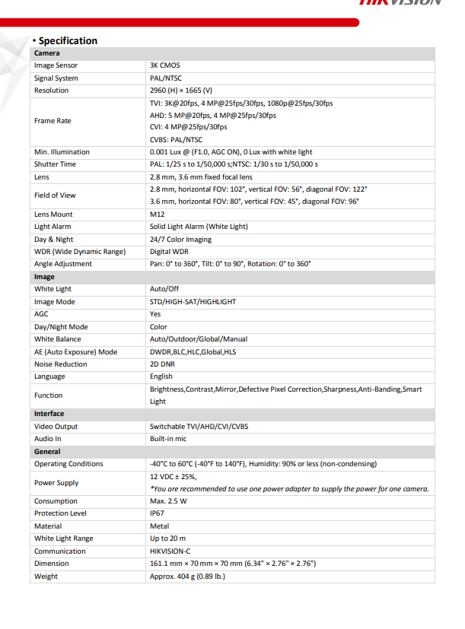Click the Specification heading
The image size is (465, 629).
pyautogui.click(x=67, y=40)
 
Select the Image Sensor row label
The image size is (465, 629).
pyautogui.click(x=56, y=65)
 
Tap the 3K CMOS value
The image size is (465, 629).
pyautogui.click(x=165, y=65)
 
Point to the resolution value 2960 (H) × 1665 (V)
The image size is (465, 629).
pyautogui.click(x=181, y=91)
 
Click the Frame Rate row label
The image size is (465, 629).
pyautogui.click(x=53, y=121)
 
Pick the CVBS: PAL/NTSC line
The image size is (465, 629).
pyautogui.click(x=176, y=139)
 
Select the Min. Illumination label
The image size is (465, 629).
pyautogui.click(x=62, y=152)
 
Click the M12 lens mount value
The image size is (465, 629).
pyautogui.click(x=157, y=214)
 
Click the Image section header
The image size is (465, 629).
pyautogui.click(x=44, y=277)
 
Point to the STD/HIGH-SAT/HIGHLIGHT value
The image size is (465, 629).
pyautogui.click(x=193, y=302)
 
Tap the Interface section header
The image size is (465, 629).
pyautogui.click(x=49, y=414)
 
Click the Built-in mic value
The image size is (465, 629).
pyautogui.click(x=169, y=439)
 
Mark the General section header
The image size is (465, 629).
pyautogui.click(x=47, y=451)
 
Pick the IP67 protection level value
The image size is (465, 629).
pyautogui.click(x=157, y=513)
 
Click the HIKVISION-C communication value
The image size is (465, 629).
pyautogui.click(x=171, y=551)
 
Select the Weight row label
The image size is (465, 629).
pyautogui.click(x=46, y=577)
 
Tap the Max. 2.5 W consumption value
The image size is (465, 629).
pyautogui.click(x=168, y=501)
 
